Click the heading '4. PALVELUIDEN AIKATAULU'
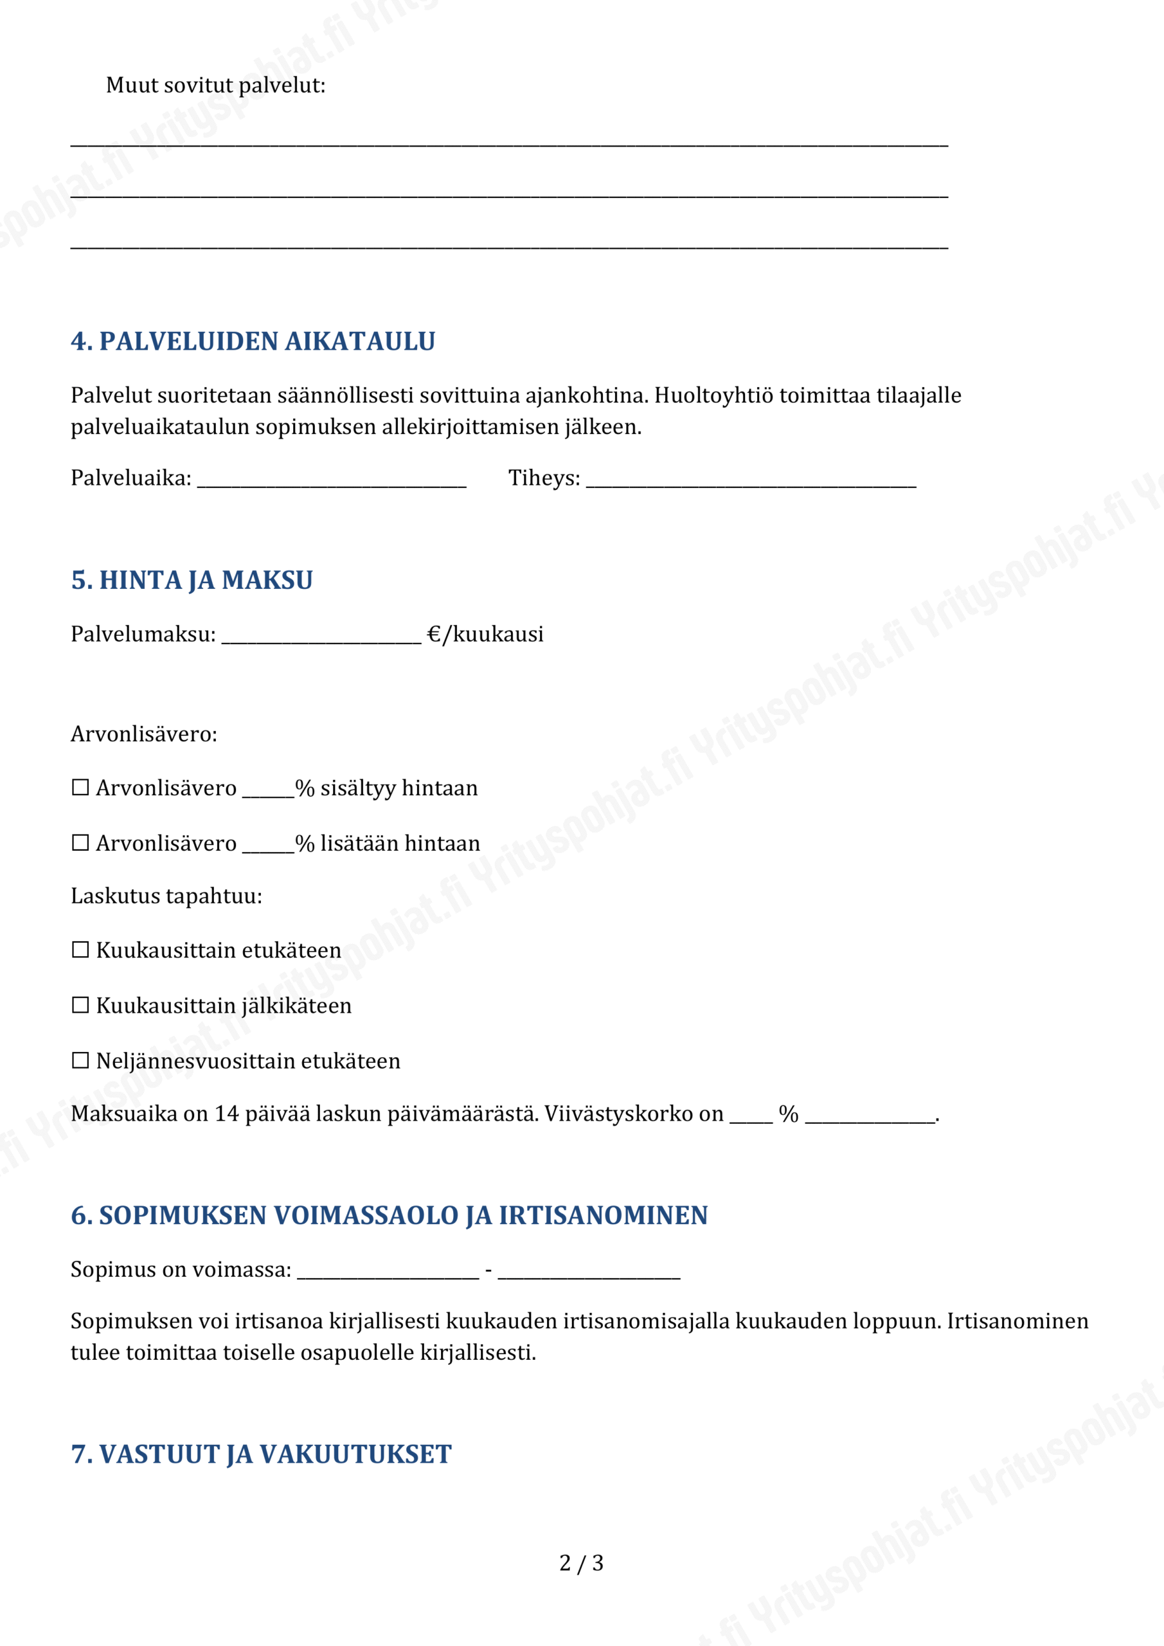coord(253,341)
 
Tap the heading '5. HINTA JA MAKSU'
coord(192,580)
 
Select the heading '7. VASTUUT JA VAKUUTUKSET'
coord(261,1454)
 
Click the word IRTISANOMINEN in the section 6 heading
coord(603,1215)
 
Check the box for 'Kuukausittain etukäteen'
coord(80,950)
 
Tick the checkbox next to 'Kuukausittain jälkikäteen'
coord(80,1005)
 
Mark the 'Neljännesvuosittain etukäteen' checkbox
coord(80,1060)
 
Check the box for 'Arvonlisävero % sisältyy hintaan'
coord(80,788)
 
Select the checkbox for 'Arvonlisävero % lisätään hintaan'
coord(80,842)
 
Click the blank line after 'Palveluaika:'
coord(331,480)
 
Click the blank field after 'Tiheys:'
coord(751,480)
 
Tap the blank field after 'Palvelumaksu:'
coord(321,637)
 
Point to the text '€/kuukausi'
coord(485,635)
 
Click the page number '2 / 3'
coord(581,1563)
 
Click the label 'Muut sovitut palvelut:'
coord(216,86)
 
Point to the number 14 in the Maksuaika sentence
coord(226,1114)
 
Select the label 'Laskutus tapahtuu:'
coord(166,896)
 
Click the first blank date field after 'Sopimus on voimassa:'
coord(388,1272)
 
